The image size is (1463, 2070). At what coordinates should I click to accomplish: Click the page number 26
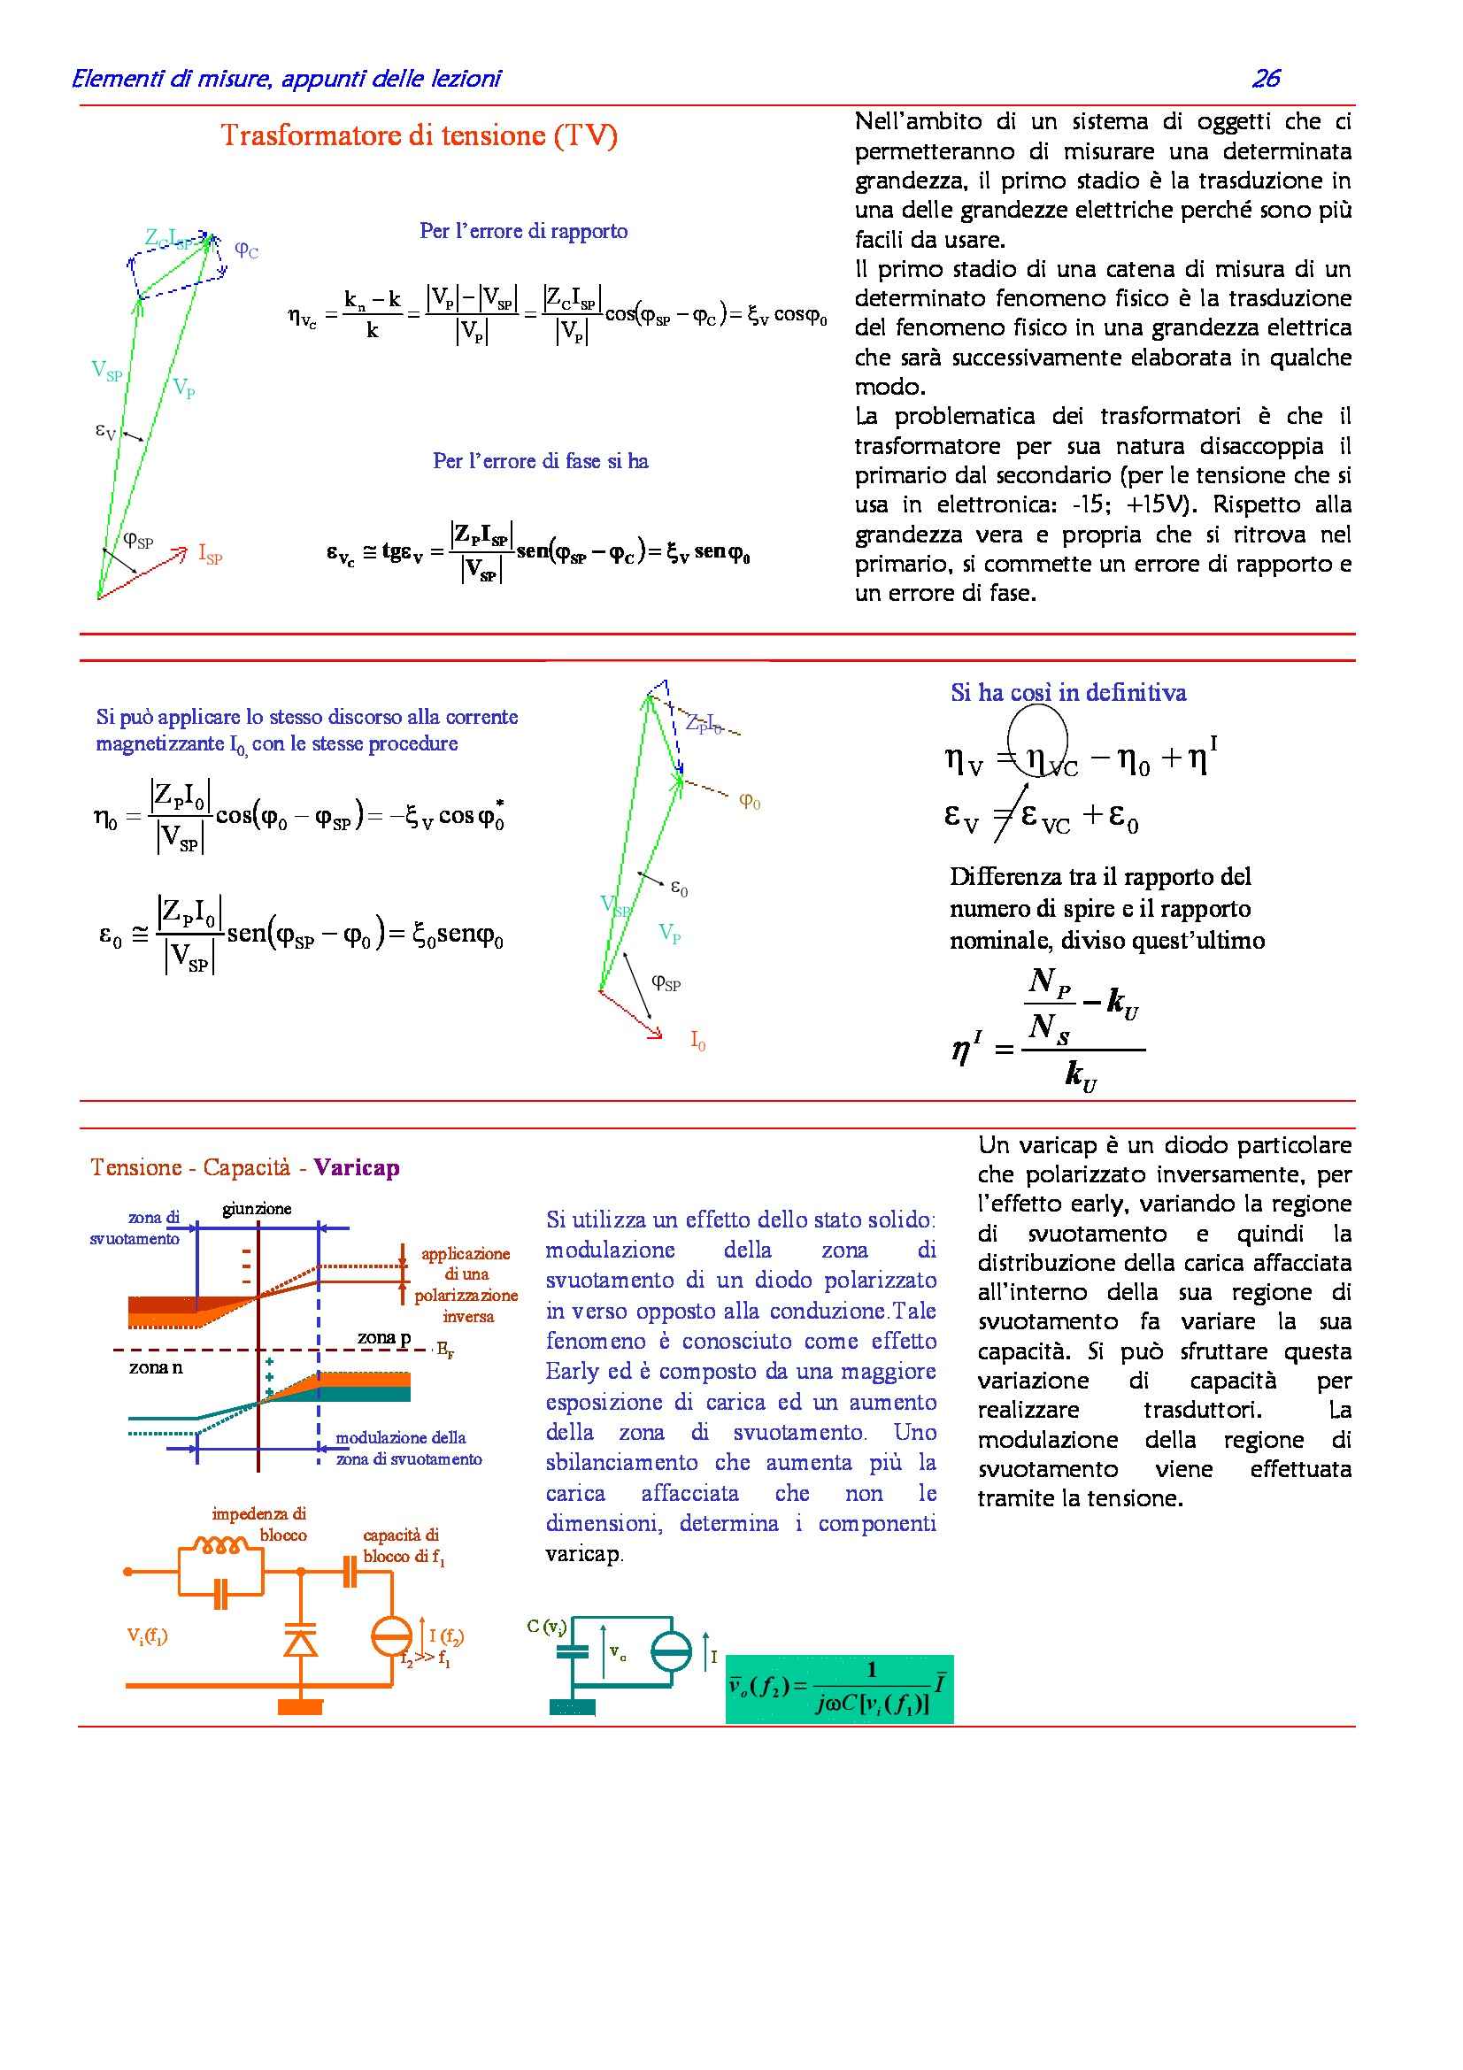(x=1265, y=79)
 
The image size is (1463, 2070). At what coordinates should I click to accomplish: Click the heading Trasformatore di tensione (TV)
(x=420, y=135)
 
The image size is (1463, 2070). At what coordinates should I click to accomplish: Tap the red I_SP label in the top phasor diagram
(x=209, y=555)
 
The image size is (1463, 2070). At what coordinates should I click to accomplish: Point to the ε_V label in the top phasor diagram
(x=106, y=431)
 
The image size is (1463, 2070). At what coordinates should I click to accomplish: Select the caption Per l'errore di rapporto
(x=523, y=231)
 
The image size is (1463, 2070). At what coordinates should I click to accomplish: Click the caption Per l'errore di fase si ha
(x=540, y=461)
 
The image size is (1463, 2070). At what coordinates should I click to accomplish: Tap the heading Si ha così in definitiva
(x=1068, y=692)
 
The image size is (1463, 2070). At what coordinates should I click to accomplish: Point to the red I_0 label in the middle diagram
(x=697, y=1042)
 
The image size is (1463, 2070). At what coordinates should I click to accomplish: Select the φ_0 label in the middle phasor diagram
(x=749, y=801)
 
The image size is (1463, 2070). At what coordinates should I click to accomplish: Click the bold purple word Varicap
(x=356, y=1167)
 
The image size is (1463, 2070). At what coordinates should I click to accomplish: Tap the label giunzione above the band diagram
(x=257, y=1209)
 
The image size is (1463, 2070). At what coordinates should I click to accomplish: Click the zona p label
(x=384, y=1338)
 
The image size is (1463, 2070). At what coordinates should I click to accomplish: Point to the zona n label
(x=155, y=1367)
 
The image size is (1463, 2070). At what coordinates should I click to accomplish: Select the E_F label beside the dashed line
(x=444, y=1350)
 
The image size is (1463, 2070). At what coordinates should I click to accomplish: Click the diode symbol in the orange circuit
(x=300, y=1643)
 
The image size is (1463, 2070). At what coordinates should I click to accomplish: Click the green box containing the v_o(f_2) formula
(x=838, y=1688)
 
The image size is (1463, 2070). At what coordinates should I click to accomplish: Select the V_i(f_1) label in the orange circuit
(x=147, y=1635)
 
